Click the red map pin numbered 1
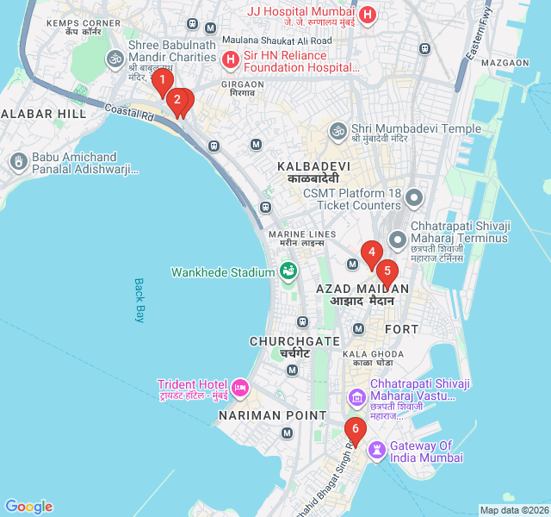coord(161,82)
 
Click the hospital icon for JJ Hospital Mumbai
coord(368,15)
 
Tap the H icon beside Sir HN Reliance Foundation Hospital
coord(230,59)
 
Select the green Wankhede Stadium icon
coord(288,272)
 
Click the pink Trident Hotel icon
coord(240,389)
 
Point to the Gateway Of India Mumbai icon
coord(377,450)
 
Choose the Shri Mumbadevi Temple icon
coord(338,130)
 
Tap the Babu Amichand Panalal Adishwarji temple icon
coord(18,162)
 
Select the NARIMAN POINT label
coord(261,415)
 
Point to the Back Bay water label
coord(139,300)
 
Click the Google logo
coord(28,507)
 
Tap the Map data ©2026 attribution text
coord(514,509)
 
